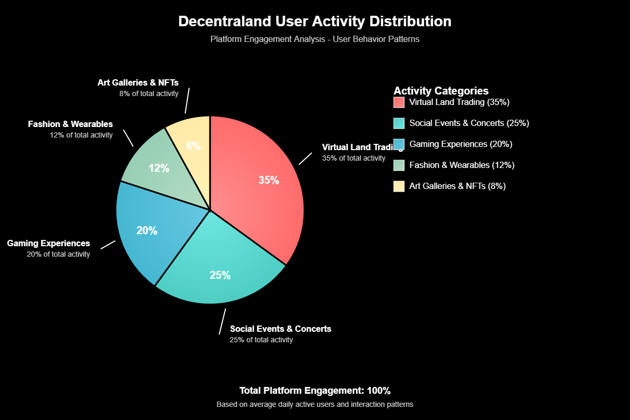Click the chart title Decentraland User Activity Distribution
pos(314,22)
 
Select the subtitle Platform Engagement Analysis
pos(314,39)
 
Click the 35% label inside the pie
pos(269,180)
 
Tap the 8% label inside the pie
pos(193,146)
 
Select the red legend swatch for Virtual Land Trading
pos(399,102)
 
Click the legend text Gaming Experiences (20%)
pos(461,144)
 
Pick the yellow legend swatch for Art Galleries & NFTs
pos(399,186)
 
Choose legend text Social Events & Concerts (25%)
pos(469,123)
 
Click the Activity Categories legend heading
pos(441,90)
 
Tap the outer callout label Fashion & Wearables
pos(70,124)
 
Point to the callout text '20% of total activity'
pos(58,254)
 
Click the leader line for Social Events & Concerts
pos(223,321)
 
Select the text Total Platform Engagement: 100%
pos(315,391)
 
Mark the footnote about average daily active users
pos(315,405)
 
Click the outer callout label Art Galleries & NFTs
pos(138,82)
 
